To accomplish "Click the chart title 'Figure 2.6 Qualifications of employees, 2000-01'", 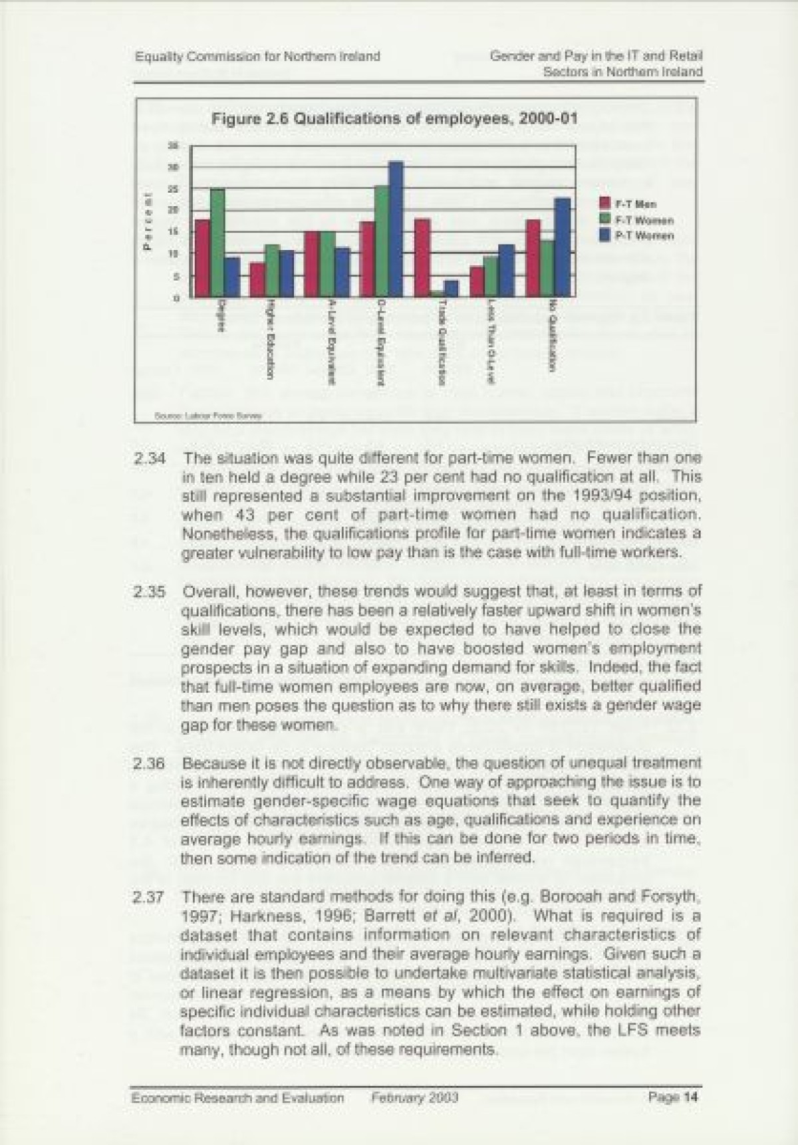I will click(394, 119).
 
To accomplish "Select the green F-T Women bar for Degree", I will click(217, 243).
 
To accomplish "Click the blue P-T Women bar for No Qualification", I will click(562, 247).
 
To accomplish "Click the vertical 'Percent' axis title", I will click(148, 221).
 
